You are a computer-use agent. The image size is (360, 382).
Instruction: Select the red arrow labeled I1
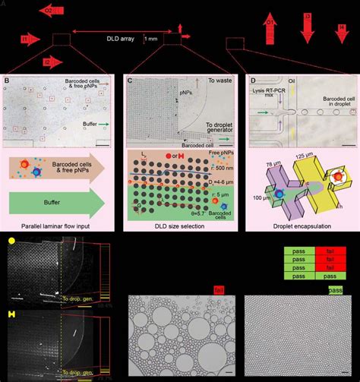click(x=28, y=38)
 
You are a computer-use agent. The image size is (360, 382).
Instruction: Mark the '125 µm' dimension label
click(x=308, y=156)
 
